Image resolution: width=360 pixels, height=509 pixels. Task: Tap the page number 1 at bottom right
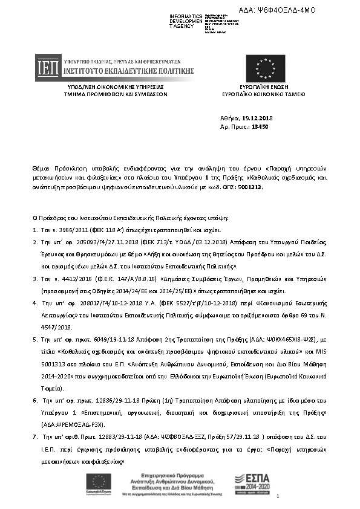click(277, 496)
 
